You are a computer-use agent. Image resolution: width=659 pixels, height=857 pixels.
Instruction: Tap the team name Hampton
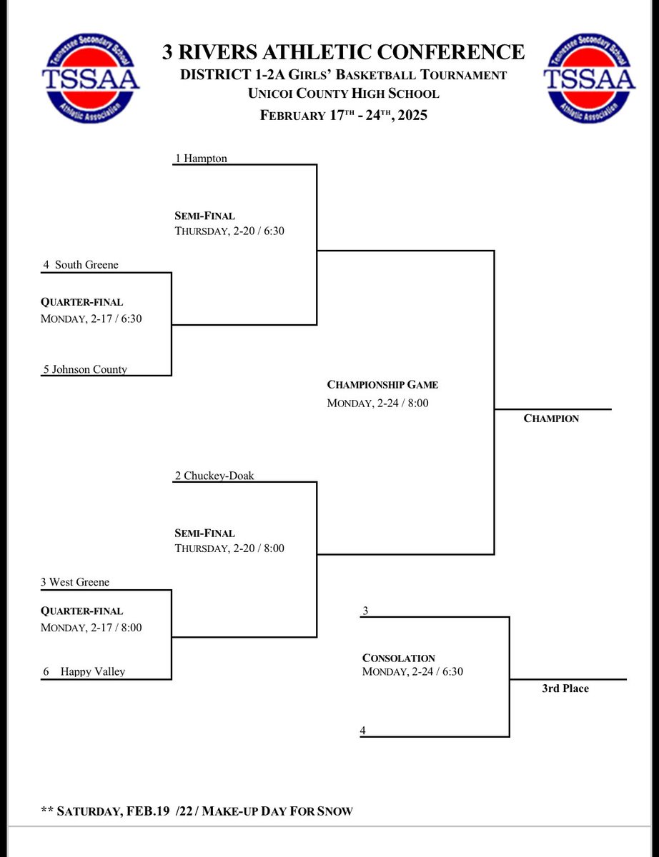click(x=206, y=159)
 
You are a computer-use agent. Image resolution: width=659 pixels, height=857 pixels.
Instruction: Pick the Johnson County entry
click(x=85, y=369)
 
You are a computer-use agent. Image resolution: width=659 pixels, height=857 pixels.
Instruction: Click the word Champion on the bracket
click(x=551, y=419)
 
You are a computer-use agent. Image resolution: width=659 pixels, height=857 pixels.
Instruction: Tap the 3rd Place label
click(x=565, y=688)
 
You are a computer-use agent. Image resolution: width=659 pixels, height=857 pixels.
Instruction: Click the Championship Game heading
click(x=382, y=385)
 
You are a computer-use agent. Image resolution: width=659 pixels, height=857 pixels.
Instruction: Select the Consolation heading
click(x=398, y=658)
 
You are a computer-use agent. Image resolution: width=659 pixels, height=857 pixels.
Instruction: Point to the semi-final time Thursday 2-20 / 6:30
click(x=229, y=231)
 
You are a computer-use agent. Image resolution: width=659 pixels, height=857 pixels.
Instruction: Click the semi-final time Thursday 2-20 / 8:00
click(x=229, y=548)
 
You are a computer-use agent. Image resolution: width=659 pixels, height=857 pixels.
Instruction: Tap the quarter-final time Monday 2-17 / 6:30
click(x=91, y=319)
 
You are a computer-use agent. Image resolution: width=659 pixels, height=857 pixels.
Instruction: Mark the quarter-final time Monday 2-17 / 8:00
click(x=91, y=628)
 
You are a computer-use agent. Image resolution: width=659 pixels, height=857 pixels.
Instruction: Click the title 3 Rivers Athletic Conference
click(x=343, y=52)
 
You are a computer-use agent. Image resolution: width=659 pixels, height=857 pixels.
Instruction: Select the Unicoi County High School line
click(x=343, y=94)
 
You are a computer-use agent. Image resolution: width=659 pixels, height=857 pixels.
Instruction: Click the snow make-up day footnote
click(x=197, y=811)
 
